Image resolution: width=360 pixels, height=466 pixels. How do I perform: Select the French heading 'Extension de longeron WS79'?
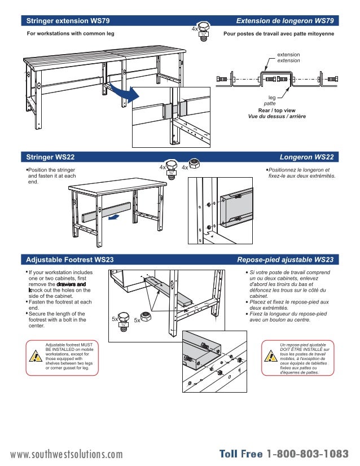(x=285, y=21)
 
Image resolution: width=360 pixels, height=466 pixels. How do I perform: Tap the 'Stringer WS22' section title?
(x=51, y=156)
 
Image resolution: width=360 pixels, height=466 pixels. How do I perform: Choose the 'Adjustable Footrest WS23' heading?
(x=70, y=260)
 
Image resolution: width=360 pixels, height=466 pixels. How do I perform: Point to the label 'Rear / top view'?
(x=276, y=110)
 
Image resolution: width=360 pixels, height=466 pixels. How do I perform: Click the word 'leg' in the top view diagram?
(x=272, y=98)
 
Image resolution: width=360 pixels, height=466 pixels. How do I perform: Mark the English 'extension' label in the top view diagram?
(x=288, y=54)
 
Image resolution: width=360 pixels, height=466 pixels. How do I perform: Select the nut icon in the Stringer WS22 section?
(x=194, y=164)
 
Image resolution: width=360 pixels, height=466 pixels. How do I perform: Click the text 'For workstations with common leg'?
(x=71, y=34)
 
